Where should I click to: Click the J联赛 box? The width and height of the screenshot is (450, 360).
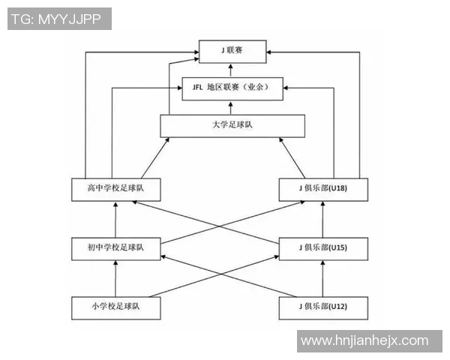pos(232,52)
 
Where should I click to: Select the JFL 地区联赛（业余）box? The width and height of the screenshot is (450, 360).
pos(232,88)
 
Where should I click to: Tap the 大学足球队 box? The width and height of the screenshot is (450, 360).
pos(232,126)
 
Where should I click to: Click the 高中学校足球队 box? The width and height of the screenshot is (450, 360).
pos(116,190)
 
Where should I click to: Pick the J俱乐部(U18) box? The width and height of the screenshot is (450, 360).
pos(323,190)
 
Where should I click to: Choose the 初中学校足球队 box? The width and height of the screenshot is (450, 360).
pos(116,249)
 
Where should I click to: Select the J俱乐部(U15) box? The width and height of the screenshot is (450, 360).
pos(323,249)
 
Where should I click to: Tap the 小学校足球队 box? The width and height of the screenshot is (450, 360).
pos(116,308)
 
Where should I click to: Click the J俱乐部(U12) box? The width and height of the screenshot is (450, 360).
pos(323,308)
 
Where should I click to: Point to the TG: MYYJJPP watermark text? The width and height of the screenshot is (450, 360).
pos(56,19)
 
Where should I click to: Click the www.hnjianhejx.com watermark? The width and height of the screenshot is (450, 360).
pos(364,341)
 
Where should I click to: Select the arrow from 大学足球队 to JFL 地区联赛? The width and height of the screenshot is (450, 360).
pos(231,108)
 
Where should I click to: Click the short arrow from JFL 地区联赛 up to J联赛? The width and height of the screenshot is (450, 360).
pos(231,70)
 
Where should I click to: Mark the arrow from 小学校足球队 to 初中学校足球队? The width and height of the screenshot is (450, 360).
pos(115,278)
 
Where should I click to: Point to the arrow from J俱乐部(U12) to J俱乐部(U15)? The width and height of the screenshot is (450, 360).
pos(322,278)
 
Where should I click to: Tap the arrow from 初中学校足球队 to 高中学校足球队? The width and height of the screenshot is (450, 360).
pos(115,220)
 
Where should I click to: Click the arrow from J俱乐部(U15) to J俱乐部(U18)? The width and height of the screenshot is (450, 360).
pos(322,220)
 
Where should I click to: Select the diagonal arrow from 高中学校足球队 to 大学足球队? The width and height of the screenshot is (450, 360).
pos(155,158)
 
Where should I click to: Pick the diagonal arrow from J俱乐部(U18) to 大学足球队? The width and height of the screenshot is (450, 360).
pos(292,158)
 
